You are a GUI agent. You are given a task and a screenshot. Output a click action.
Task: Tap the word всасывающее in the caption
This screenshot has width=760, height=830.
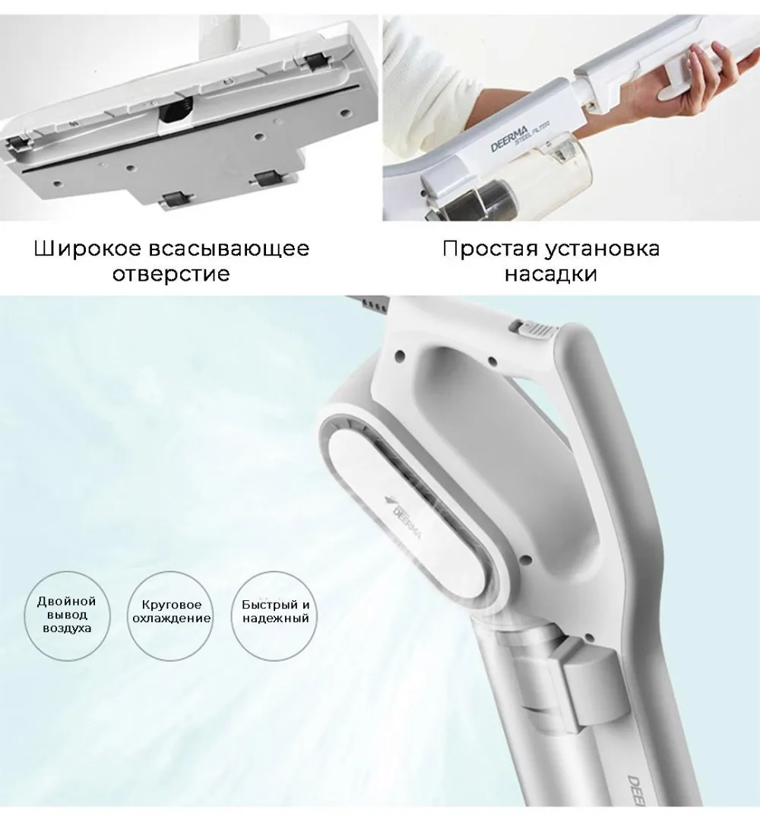click(x=229, y=249)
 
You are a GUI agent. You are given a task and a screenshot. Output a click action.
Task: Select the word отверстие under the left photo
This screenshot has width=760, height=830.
click(x=171, y=274)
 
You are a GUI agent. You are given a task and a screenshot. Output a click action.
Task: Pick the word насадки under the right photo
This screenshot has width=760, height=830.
click(x=550, y=274)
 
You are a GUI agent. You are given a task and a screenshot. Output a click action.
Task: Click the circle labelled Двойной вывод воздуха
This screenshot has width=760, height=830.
click(x=67, y=615)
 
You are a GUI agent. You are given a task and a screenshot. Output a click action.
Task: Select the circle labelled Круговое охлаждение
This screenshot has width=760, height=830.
click(x=171, y=615)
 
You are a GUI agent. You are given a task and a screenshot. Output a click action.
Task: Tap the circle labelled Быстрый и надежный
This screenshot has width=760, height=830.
click(x=275, y=615)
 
